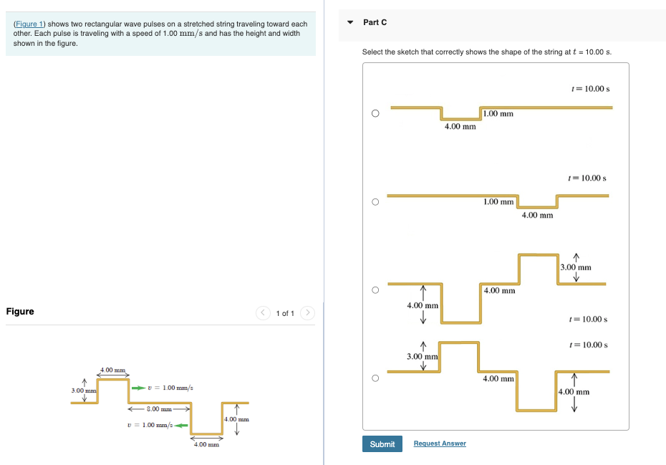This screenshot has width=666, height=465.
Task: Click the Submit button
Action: coord(382,444)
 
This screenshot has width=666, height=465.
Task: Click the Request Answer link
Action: coord(440,444)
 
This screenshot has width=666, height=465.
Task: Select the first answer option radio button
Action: coord(375,113)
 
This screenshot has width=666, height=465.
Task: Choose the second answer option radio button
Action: coord(375,202)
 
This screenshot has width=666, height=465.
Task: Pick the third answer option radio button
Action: coord(375,290)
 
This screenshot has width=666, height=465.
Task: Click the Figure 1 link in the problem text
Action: coord(29,24)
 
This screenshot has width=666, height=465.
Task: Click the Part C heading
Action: coord(375,22)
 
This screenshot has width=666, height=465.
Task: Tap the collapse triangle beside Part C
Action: coord(350,22)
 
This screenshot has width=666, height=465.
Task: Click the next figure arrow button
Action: coord(308,313)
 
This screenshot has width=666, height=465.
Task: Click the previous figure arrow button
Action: coord(263,313)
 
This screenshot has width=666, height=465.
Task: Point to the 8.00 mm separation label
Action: coord(158,408)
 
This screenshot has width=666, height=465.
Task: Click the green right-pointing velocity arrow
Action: coord(137,388)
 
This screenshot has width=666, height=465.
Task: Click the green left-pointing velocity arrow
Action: coord(180,426)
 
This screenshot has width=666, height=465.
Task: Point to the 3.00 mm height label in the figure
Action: coord(83,390)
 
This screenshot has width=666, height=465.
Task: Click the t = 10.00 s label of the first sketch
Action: coord(590,89)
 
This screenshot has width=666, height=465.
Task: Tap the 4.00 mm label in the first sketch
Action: coord(460,127)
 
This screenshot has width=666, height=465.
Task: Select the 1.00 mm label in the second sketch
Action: coord(498,202)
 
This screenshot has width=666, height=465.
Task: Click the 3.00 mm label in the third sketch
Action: coord(576,267)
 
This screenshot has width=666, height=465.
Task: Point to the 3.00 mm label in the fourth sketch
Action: coord(422,356)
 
